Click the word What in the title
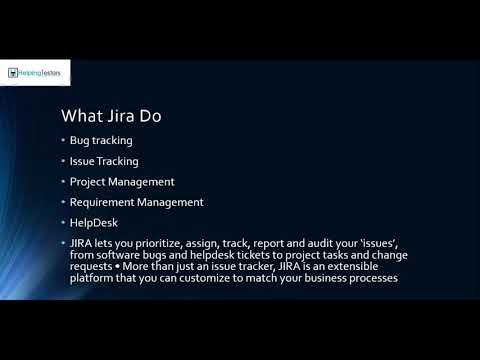click(82, 116)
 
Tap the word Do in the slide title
click(148, 116)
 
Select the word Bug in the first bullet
click(79, 141)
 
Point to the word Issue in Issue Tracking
click(81, 161)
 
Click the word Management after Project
click(147, 182)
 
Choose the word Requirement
click(106, 202)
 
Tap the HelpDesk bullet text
click(94, 222)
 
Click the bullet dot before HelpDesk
click(62, 222)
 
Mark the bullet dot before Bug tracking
click(62, 141)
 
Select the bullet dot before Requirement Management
click(62, 202)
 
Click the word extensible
click(373, 267)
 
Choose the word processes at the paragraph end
click(370, 279)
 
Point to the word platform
click(91, 279)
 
